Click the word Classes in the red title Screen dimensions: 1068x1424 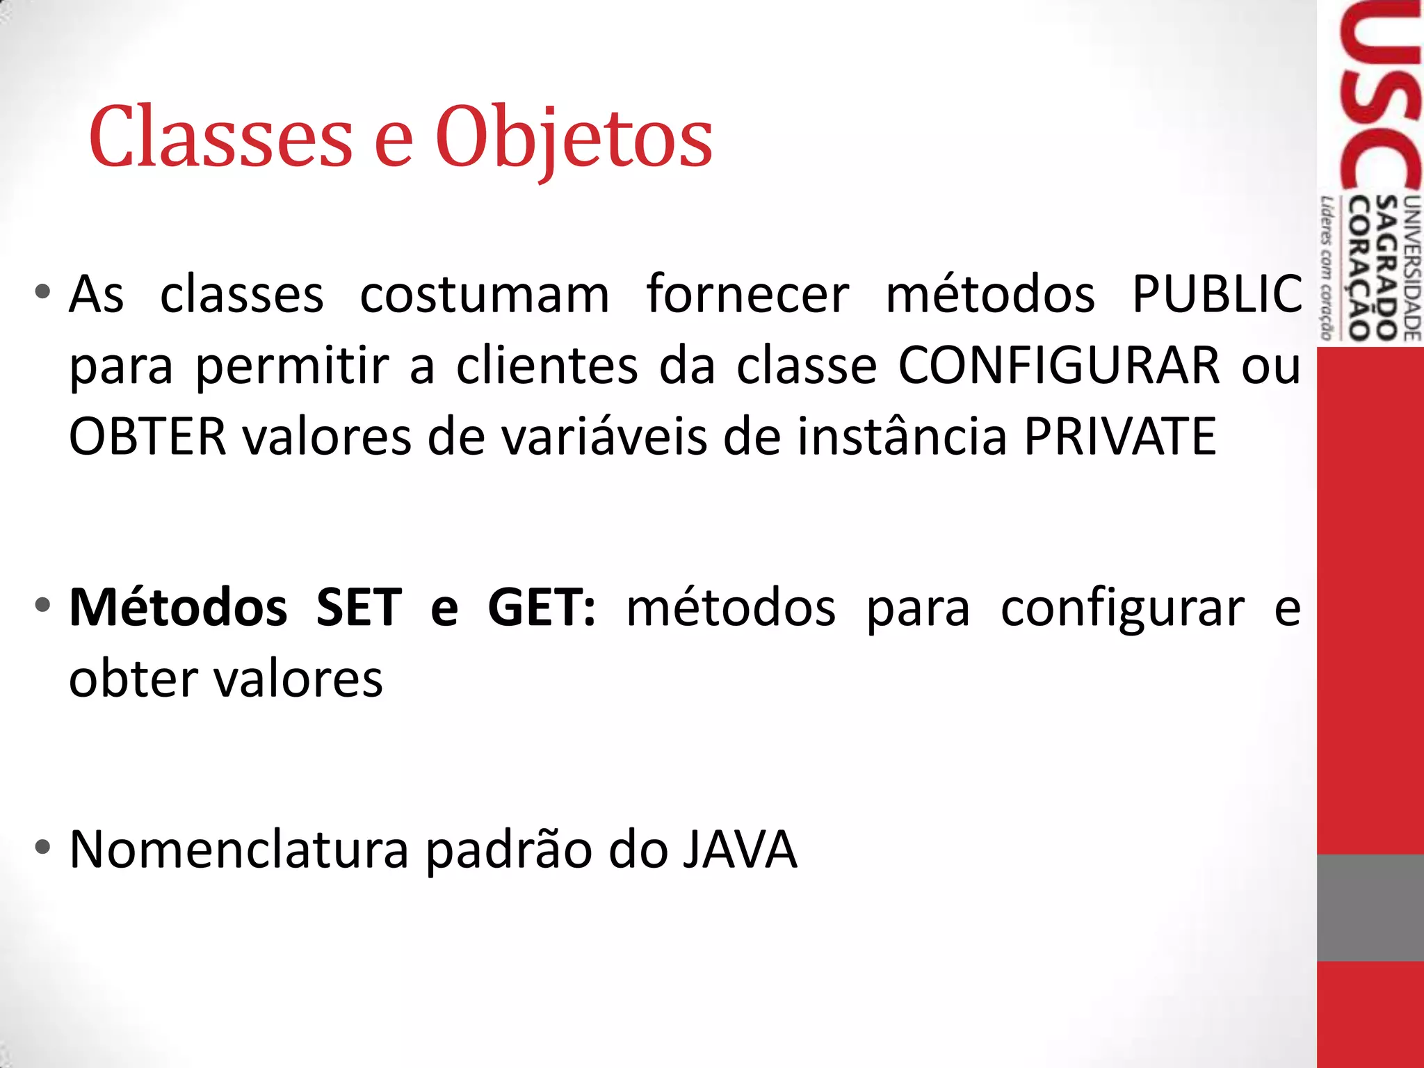(221, 137)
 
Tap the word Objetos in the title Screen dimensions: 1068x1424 (574, 138)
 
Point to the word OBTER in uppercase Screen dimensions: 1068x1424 (148, 437)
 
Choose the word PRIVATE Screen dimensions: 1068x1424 (1119, 437)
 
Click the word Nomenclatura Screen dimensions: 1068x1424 (239, 850)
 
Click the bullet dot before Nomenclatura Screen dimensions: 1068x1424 (43, 848)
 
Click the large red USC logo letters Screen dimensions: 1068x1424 (1380, 97)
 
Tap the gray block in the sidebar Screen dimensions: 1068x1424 (1370, 907)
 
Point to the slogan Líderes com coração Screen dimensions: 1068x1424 (1327, 268)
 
